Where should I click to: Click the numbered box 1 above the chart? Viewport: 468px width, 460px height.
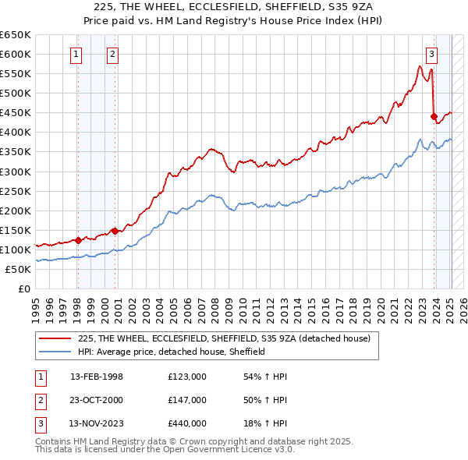click(76, 54)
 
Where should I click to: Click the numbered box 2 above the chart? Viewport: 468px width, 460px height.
click(113, 54)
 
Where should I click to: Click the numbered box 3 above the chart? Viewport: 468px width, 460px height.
click(431, 54)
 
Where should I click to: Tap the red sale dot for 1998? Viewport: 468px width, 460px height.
click(78, 240)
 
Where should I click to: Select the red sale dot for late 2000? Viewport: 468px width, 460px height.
click(115, 231)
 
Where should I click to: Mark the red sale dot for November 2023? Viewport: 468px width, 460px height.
click(434, 116)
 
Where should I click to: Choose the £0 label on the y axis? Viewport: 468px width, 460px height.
click(23, 288)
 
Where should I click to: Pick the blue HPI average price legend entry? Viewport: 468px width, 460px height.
click(172, 352)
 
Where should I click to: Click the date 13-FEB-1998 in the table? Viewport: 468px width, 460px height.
click(97, 377)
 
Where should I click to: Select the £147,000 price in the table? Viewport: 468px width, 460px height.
click(187, 400)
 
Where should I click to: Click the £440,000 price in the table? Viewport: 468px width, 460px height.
click(187, 423)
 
